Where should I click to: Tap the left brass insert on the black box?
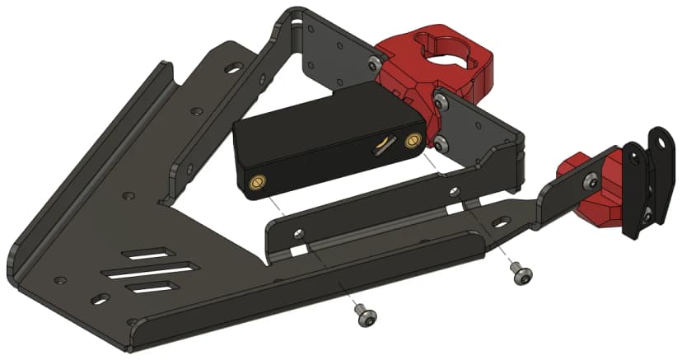(256, 180)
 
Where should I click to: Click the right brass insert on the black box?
(413, 141)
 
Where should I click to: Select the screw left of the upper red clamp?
(376, 62)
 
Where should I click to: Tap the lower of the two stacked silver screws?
(442, 143)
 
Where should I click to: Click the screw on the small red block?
(591, 180)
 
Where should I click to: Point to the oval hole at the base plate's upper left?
(236, 63)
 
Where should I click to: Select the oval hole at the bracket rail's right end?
(500, 222)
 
